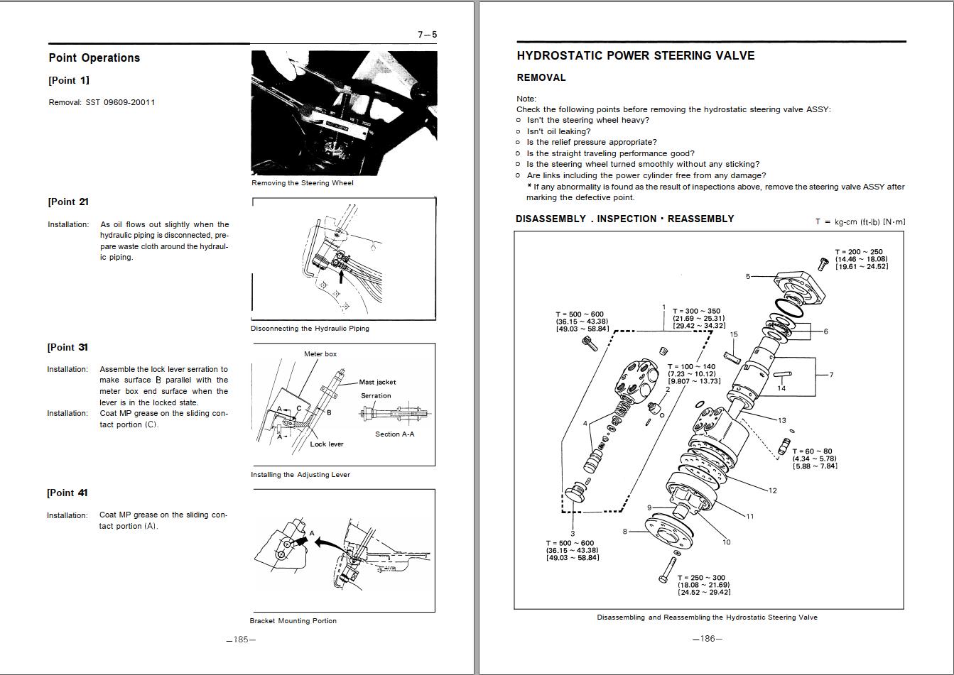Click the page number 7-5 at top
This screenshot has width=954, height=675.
click(x=427, y=34)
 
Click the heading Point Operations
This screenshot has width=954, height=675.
click(x=94, y=58)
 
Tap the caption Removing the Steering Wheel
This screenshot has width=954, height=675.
click(x=302, y=183)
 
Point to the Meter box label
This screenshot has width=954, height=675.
click(x=320, y=353)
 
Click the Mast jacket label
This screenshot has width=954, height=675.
click(x=377, y=382)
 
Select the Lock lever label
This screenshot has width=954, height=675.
click(x=326, y=444)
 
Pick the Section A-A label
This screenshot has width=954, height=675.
click(x=394, y=434)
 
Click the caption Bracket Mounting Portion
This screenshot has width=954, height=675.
click(x=293, y=621)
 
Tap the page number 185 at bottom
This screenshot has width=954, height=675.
click(x=241, y=640)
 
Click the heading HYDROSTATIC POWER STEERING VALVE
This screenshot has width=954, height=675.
click(x=635, y=56)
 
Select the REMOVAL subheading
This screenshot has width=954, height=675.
click(x=541, y=78)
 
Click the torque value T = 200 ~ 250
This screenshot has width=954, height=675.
click(x=859, y=252)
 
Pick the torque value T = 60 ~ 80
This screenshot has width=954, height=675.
click(x=812, y=451)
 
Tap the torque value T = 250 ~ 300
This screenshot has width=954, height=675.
click(x=701, y=578)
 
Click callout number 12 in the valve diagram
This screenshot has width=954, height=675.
click(x=773, y=490)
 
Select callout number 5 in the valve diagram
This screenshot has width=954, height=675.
click(x=747, y=277)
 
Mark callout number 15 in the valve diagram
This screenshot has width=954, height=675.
click(x=734, y=334)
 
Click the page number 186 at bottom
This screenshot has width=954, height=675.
click(x=707, y=639)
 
